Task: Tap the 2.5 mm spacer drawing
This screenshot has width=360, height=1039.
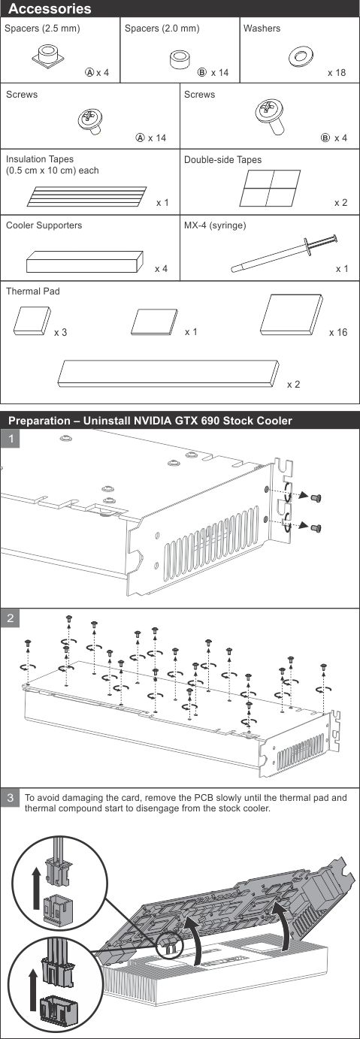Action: point(48,56)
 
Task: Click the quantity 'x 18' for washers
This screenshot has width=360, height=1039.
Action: point(337,73)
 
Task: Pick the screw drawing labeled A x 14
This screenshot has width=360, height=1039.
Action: point(90,121)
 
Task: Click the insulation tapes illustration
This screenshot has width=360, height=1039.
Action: point(86,196)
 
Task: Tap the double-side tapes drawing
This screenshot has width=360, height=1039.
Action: point(270,188)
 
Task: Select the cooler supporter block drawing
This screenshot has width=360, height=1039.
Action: point(84,261)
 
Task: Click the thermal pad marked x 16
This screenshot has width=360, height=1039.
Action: point(292,314)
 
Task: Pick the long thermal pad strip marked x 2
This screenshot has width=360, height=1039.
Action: point(168,373)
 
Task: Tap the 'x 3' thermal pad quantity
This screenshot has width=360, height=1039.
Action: point(60,333)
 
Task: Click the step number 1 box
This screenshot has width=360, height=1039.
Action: point(11,438)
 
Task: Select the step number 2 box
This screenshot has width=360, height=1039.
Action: point(11,618)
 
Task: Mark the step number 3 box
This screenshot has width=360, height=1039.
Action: point(11,797)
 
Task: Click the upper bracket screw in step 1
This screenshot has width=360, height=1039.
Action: point(317,498)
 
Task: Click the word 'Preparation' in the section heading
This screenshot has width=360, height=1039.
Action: point(38,421)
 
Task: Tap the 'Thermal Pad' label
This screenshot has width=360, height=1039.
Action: point(33,291)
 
